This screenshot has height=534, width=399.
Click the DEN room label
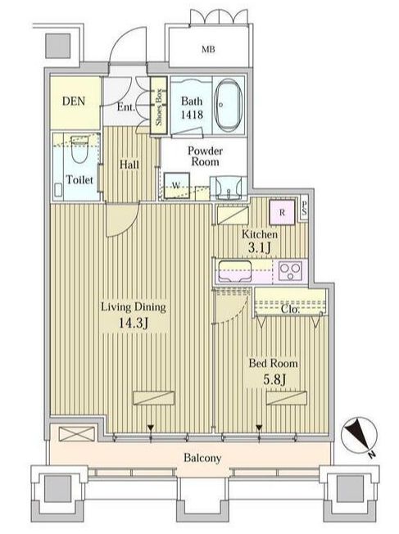(75, 102)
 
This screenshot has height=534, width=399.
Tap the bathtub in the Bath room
(228, 106)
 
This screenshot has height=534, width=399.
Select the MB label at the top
(210, 48)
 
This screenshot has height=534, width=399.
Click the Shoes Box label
(160, 106)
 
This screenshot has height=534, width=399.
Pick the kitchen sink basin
(233, 270)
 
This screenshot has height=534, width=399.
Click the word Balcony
(202, 458)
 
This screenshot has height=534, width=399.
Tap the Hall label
(129, 165)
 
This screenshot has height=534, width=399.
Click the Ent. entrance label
(126, 106)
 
